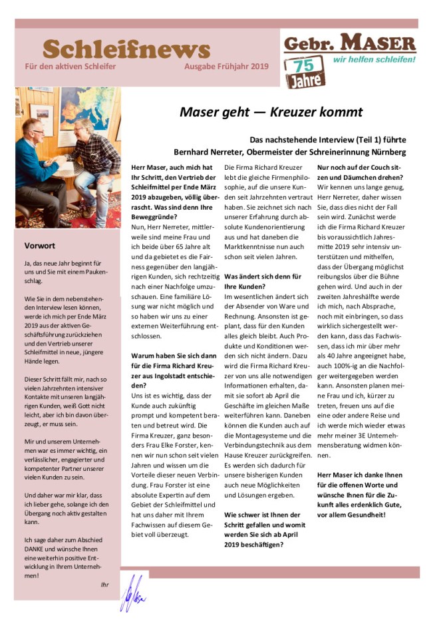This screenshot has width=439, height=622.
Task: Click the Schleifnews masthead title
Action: pos(126,49)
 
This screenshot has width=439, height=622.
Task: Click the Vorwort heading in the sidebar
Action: pos(39,246)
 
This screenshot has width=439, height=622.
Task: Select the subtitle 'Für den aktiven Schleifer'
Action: pos(70,67)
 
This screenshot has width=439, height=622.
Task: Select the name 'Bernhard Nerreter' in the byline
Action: pos(206,153)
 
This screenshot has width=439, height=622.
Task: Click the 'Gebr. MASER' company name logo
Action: pos(349,44)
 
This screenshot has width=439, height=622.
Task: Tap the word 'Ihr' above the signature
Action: pos(104,585)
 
